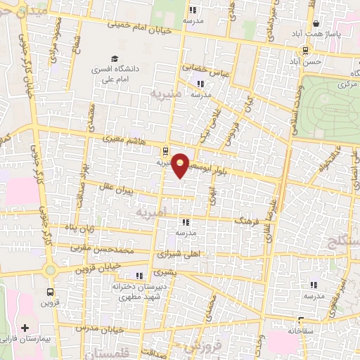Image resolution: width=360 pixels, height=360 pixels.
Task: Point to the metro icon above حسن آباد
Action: point(304,50)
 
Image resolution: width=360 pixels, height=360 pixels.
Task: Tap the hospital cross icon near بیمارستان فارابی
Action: point(26,328)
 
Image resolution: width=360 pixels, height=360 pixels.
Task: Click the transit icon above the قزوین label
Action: point(50,291)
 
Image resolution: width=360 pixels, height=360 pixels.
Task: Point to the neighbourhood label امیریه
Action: point(153,211)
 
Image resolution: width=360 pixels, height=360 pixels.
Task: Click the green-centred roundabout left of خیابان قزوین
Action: point(50,270)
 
